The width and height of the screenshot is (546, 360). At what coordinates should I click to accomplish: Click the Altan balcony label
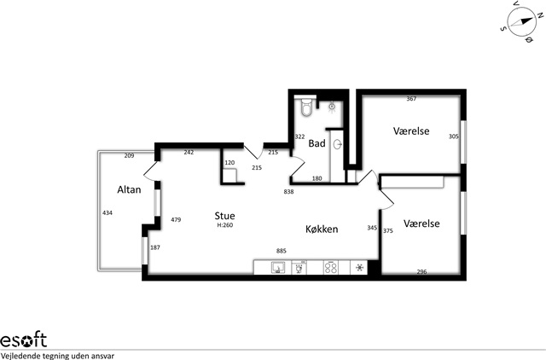click(x=129, y=189)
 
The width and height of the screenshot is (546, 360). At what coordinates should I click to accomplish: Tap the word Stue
click(x=224, y=216)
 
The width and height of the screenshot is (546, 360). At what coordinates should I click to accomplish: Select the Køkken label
click(x=322, y=229)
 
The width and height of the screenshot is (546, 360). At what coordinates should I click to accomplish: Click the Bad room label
click(x=317, y=143)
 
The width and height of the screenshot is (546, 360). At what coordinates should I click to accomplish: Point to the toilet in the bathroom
click(x=306, y=106)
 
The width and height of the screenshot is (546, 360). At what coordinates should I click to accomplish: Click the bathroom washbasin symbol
click(x=338, y=144)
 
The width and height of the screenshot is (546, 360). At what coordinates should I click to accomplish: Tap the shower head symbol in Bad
click(x=332, y=106)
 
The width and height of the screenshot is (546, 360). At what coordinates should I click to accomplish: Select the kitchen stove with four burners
click(x=331, y=267)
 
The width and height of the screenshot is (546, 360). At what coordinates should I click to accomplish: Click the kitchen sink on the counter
click(x=278, y=267)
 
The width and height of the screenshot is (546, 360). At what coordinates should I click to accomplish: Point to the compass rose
click(x=521, y=22)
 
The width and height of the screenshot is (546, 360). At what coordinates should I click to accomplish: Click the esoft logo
click(x=23, y=340)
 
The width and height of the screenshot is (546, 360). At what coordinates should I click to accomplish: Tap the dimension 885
click(x=282, y=251)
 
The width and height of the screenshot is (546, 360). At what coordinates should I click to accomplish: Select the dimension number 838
click(x=288, y=191)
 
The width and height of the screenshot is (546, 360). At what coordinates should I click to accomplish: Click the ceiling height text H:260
click(x=225, y=225)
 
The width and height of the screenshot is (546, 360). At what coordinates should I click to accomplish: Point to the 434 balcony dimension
click(x=107, y=212)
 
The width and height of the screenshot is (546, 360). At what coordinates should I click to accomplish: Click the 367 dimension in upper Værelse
click(x=411, y=99)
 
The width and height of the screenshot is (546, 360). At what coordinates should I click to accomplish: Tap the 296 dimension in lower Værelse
click(x=421, y=272)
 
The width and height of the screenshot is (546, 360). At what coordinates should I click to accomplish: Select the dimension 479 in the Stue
click(x=176, y=220)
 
